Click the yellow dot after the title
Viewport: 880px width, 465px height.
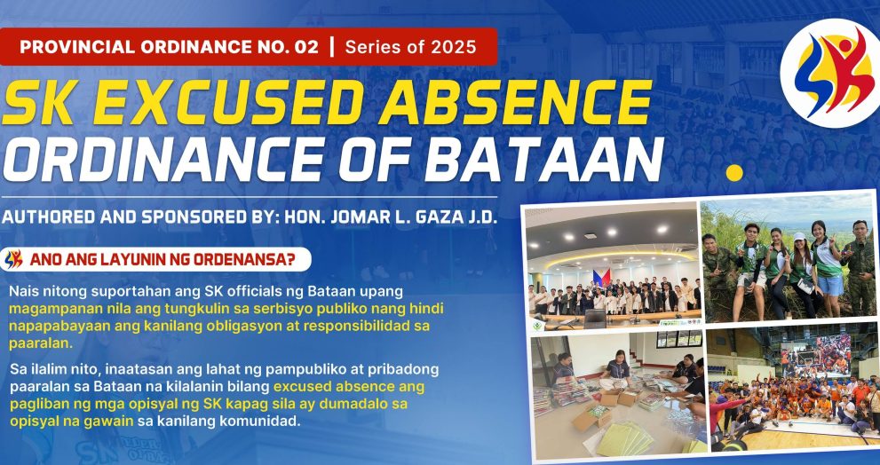pos(733,172)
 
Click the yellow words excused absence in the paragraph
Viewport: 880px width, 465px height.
pos(349,386)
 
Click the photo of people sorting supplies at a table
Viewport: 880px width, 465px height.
pos(614,390)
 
